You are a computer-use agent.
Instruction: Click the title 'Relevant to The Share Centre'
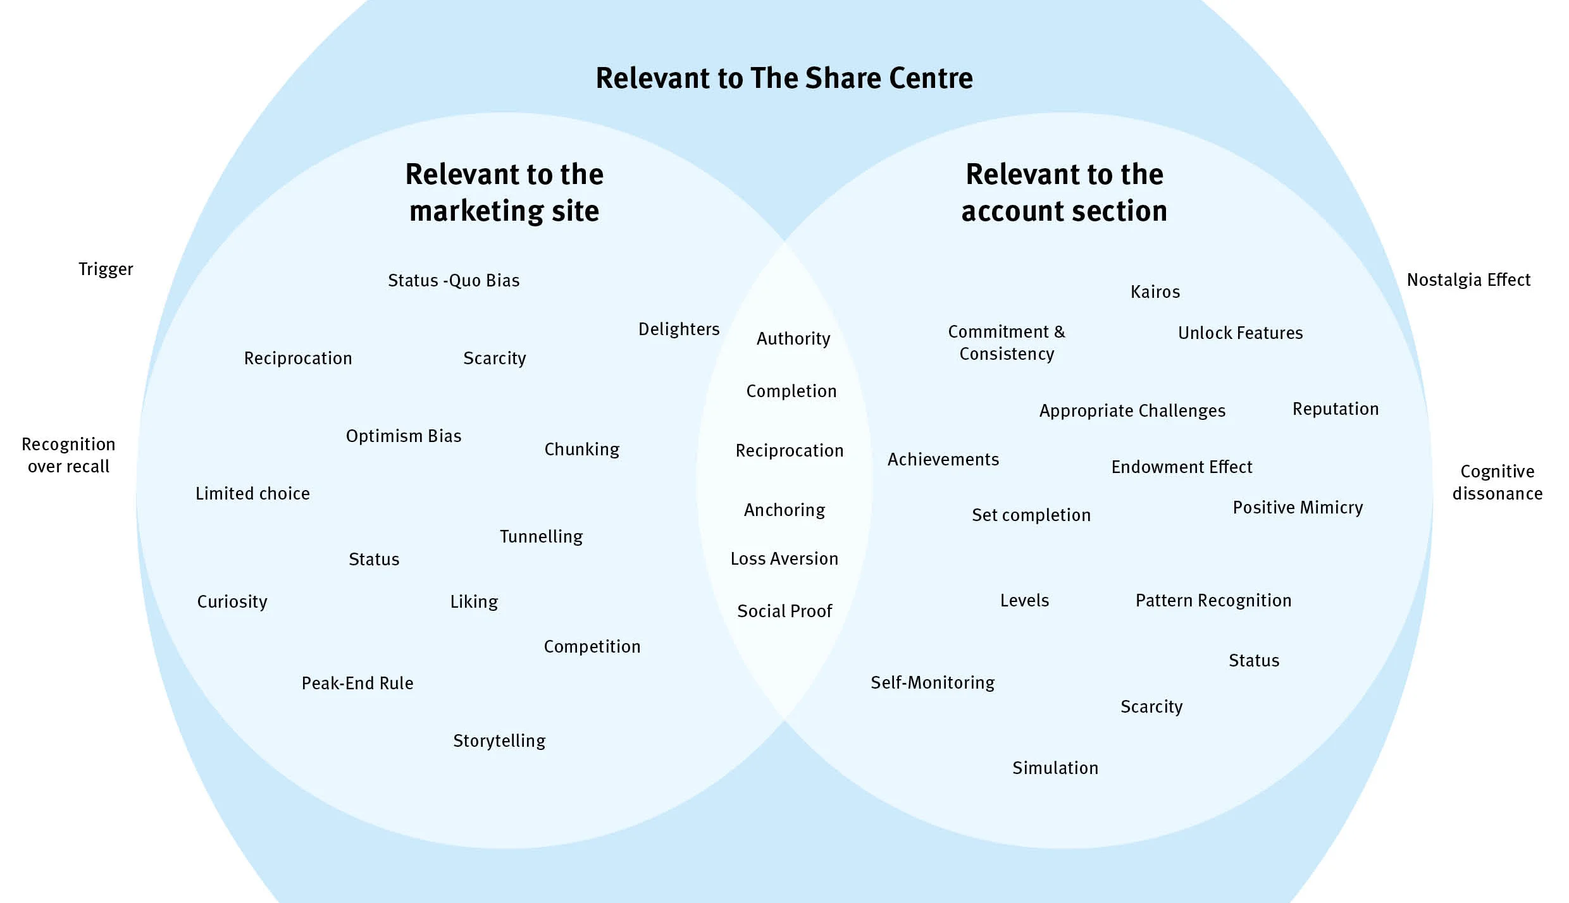pos(784,78)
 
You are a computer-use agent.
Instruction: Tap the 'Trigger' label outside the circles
pos(106,269)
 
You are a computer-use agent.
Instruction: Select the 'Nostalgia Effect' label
pos(1468,280)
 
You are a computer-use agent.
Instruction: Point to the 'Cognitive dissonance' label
pos(1497,482)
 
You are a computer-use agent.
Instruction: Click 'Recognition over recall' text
pos(68,455)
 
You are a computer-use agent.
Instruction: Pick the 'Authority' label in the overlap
pos(793,339)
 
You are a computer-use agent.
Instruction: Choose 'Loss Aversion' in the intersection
pos(784,559)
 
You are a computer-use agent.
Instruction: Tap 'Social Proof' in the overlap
pos(784,611)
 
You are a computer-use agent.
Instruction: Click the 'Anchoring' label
pos(784,510)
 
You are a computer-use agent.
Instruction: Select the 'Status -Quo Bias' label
pos(454,281)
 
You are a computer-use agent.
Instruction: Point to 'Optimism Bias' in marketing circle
pos(404,436)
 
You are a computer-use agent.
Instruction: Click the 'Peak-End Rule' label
pos(357,684)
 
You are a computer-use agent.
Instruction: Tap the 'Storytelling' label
pos(499,741)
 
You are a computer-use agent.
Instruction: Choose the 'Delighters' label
pos(679,329)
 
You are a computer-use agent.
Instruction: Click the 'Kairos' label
pos(1155,292)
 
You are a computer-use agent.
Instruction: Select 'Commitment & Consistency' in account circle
pos(1007,343)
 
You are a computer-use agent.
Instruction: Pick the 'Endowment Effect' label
pos(1182,467)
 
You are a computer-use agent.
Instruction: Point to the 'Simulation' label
pos(1055,768)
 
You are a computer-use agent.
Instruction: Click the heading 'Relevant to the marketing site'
pos(504,192)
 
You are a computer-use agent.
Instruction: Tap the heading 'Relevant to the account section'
pos(1064,192)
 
